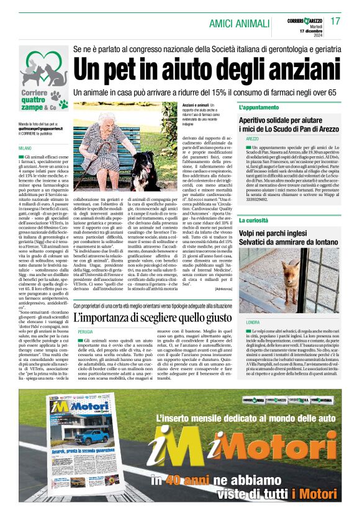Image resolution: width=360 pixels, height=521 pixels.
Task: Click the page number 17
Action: pyautogui.click(x=335, y=21)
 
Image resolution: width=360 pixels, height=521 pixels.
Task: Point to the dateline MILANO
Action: pyautogui.click(x=25, y=149)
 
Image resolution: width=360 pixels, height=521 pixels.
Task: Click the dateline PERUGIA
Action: pyautogui.click(x=85, y=332)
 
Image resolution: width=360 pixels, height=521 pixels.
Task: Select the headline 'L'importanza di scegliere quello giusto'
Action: pyautogui.click(x=153, y=318)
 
